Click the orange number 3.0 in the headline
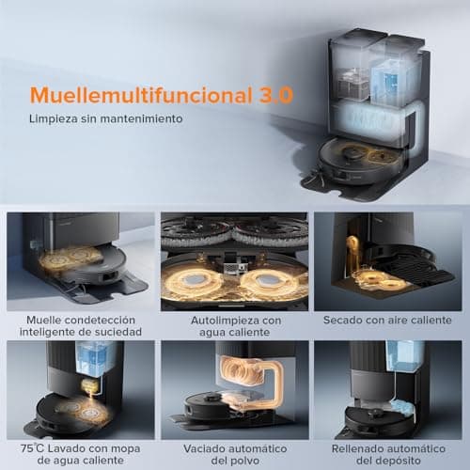tap(275, 95)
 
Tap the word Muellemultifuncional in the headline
tap(142, 95)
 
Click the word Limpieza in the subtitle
tap(54, 119)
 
